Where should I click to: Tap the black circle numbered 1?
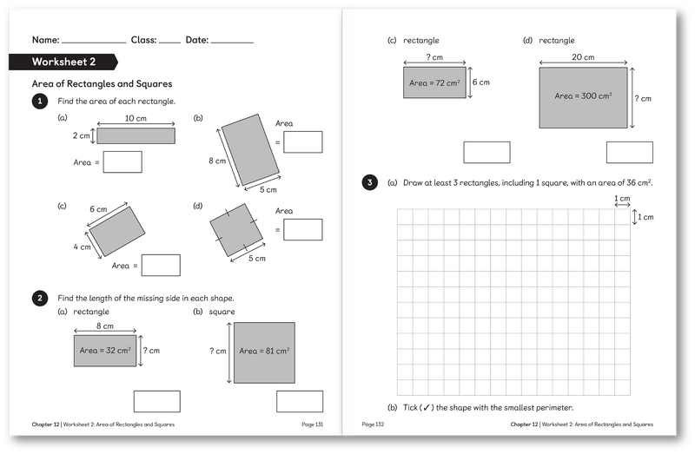(39, 102)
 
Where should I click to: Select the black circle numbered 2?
(39, 299)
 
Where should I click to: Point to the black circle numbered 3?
(371, 182)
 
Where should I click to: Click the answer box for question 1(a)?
(122, 161)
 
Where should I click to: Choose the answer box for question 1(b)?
(303, 141)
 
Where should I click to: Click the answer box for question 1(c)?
(161, 265)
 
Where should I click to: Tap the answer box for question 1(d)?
(303, 229)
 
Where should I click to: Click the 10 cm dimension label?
(136, 118)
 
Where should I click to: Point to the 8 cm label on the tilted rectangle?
(216, 161)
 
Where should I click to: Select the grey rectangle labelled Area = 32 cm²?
(104, 350)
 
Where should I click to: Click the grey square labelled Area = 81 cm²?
(264, 351)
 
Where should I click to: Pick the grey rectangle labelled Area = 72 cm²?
(434, 83)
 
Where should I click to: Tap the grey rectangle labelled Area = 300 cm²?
(583, 96)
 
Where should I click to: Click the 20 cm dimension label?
(583, 56)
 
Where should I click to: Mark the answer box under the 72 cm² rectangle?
(486, 152)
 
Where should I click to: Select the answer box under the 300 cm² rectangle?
(629, 152)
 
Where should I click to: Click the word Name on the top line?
(45, 40)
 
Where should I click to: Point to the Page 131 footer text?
(312, 424)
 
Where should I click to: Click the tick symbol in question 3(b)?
(426, 408)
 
